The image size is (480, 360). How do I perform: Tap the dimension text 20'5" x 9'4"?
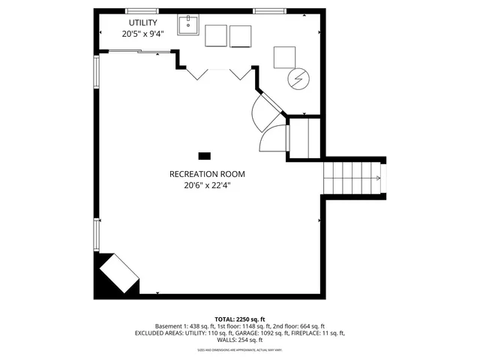click(143, 34)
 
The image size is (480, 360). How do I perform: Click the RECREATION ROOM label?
click(206, 174)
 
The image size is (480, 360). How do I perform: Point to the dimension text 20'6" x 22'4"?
click(206, 185)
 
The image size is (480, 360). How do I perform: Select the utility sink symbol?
click(187, 26)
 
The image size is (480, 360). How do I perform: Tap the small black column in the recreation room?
click(204, 156)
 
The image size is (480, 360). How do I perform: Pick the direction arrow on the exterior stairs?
click(378, 178)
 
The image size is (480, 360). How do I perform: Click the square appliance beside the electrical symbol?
click(285, 57)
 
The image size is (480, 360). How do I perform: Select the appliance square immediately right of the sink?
click(215, 36)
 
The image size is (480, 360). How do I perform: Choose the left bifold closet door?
click(196, 73)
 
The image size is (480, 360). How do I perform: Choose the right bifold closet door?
click(240, 73)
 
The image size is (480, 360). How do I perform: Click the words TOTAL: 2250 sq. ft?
click(241, 319)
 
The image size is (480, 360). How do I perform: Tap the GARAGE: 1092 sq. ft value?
click(271, 333)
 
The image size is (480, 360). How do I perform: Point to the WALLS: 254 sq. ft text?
click(240, 340)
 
